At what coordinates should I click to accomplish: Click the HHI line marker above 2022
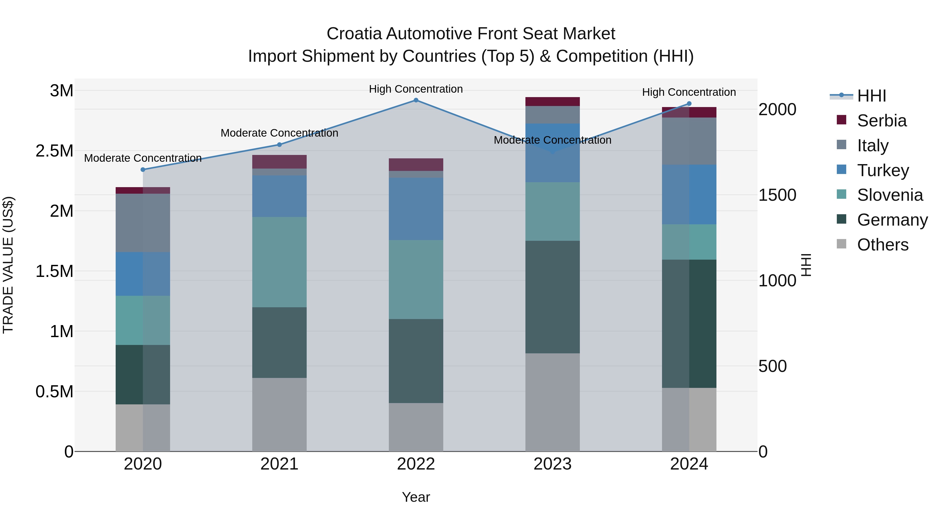(416, 100)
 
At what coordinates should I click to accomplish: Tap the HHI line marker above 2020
(143, 170)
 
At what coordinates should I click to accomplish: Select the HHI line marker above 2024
(689, 103)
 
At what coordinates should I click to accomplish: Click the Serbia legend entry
(882, 121)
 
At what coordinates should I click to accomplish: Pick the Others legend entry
(882, 245)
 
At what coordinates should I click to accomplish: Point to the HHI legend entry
(871, 96)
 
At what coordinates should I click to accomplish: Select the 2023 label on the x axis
(552, 464)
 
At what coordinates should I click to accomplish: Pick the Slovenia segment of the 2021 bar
(279, 262)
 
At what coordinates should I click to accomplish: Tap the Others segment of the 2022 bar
(416, 427)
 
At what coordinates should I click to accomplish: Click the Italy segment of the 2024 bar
(689, 141)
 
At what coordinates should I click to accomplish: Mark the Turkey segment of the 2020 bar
(143, 274)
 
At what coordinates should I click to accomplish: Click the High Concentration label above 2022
(416, 89)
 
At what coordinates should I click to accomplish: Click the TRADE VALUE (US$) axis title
(8, 265)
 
